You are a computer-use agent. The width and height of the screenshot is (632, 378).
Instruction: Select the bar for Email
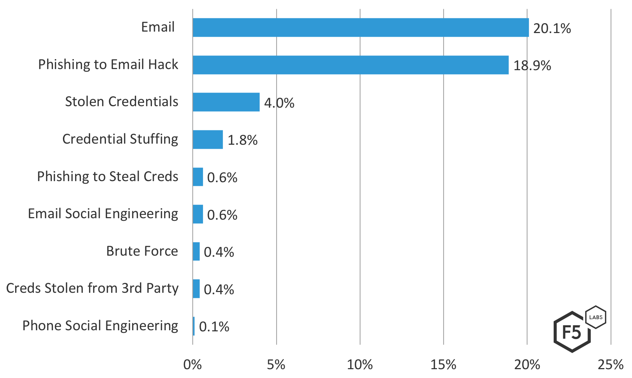click(361, 28)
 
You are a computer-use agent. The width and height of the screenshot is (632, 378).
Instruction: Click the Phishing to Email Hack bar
click(351, 65)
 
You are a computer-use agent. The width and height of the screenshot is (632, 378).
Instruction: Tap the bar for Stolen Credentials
click(226, 102)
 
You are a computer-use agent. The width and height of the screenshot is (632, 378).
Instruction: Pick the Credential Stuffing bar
click(207, 140)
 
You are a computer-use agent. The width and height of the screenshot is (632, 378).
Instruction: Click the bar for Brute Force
click(196, 252)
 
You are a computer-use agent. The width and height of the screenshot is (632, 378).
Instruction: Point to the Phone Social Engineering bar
click(193, 326)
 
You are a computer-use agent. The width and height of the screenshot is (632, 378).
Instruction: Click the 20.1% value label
click(552, 28)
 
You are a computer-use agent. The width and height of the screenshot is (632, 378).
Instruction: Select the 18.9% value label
click(532, 66)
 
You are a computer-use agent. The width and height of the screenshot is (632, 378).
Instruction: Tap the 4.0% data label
click(279, 103)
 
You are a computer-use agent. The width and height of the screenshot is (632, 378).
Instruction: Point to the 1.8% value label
click(242, 140)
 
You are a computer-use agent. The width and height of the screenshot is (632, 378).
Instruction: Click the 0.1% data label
click(214, 327)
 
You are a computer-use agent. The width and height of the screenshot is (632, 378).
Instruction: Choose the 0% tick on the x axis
click(192, 365)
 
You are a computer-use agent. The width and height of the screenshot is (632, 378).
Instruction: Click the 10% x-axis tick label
click(359, 365)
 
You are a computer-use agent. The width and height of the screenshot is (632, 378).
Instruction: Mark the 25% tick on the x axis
click(610, 365)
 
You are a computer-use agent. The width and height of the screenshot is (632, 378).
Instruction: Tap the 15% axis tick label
click(443, 365)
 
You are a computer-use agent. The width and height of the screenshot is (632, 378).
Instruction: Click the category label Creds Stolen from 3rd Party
click(92, 288)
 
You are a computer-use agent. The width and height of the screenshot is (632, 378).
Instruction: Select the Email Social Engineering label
click(103, 214)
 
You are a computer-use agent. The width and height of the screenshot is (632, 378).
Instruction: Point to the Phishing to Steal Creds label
click(107, 177)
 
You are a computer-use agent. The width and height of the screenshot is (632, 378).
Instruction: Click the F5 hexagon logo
click(572, 332)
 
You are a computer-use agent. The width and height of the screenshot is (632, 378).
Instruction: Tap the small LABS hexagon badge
click(596, 317)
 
